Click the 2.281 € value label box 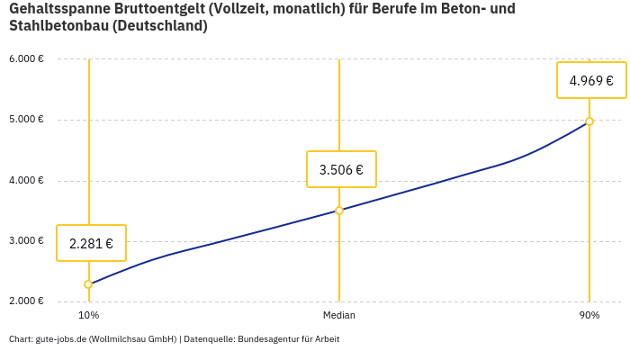[91, 243]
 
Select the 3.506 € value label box [341, 169]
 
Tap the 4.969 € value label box [591, 80]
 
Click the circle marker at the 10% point [88, 284]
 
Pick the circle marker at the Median [339, 211]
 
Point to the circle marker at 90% [589, 121]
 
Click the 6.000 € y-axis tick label [26, 59]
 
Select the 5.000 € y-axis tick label [26, 120]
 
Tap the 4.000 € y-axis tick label [26, 180]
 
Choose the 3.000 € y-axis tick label [26, 240]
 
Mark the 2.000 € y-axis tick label [26, 301]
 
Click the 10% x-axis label [88, 316]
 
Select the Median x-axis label [339, 316]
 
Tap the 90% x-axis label [589, 316]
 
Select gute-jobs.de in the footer [60, 339]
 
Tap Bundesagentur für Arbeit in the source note [289, 339]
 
